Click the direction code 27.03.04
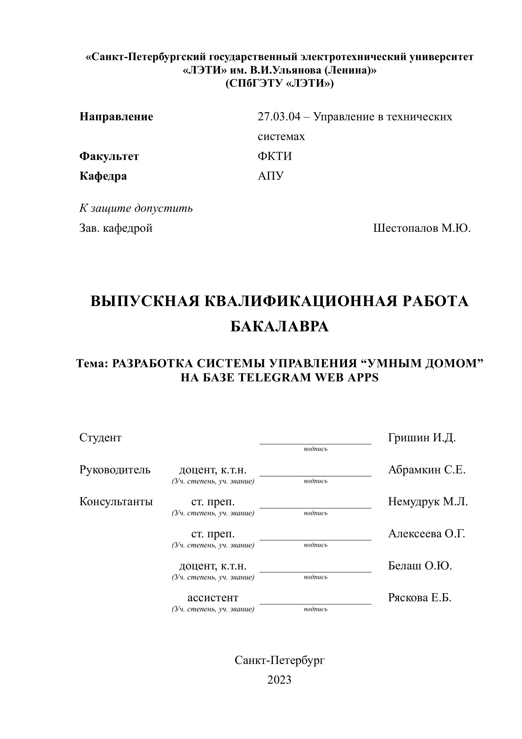[x=279, y=117]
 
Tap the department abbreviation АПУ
[x=271, y=176]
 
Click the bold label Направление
[x=116, y=117]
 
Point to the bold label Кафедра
[x=103, y=176]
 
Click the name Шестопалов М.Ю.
[x=422, y=228]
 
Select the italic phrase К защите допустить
[x=136, y=208]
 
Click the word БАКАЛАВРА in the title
[x=279, y=327]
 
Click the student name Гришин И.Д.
[x=422, y=438]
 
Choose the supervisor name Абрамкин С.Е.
[x=427, y=470]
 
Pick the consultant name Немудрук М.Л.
[x=428, y=501]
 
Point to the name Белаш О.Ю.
[x=420, y=566]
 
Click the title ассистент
[x=213, y=598]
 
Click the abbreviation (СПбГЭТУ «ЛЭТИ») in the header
[x=279, y=84]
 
